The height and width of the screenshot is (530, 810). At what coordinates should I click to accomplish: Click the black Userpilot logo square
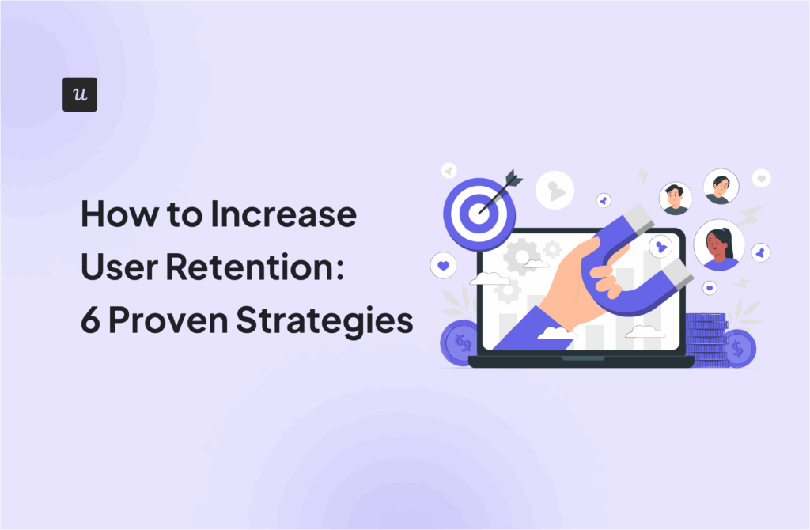click(x=79, y=94)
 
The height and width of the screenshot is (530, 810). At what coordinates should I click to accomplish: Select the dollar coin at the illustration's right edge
click(x=739, y=348)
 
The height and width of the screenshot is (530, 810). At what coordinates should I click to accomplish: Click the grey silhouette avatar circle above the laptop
click(x=555, y=191)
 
